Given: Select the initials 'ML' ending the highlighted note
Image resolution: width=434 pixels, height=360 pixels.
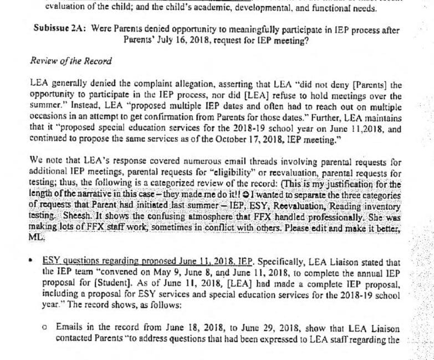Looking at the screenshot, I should click(x=34, y=235).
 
